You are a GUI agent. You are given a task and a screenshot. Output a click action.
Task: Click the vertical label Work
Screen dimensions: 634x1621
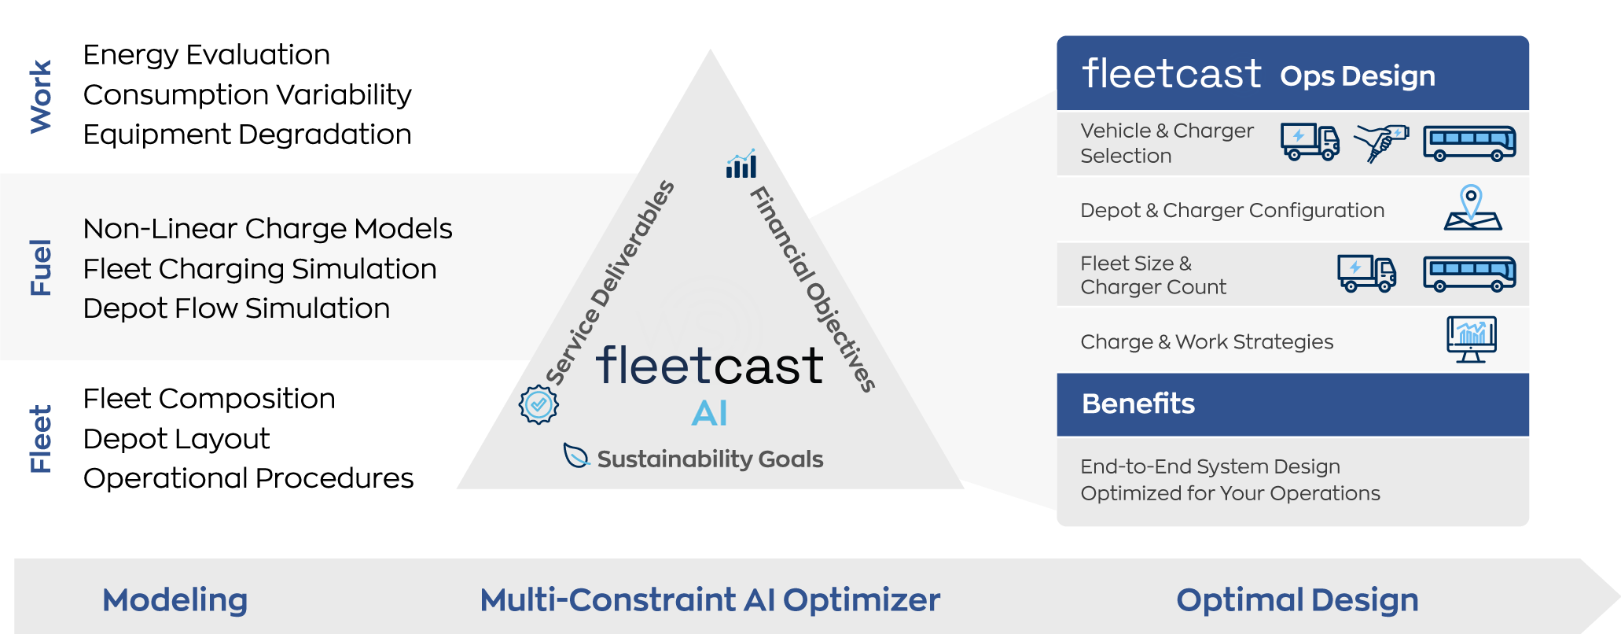click(x=40, y=97)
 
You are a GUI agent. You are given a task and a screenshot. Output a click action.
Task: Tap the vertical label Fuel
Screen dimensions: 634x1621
click(x=40, y=267)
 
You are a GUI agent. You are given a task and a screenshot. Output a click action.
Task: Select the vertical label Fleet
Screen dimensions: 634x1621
click(x=40, y=439)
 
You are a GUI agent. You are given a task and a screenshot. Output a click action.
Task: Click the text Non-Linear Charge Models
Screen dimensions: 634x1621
click(x=267, y=229)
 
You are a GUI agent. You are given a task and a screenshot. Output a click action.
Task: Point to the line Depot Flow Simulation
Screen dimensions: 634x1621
click(x=236, y=308)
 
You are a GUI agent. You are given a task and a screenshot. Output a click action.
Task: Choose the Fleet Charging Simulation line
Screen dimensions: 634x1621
click(x=259, y=269)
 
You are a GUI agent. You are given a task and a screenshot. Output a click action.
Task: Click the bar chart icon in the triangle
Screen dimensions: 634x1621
click(x=741, y=164)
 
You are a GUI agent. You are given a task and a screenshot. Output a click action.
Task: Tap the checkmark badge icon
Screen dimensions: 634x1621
click(x=538, y=404)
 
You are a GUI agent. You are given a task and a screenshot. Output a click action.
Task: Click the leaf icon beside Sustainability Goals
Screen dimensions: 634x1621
click(x=576, y=455)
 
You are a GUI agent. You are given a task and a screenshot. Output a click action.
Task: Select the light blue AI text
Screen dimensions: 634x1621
click(x=709, y=414)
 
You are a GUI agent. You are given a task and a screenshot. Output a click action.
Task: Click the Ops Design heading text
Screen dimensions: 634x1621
click(x=1357, y=76)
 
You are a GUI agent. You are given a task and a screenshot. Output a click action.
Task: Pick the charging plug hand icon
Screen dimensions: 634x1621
click(x=1381, y=142)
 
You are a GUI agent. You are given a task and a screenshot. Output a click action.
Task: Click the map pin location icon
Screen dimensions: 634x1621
click(x=1472, y=208)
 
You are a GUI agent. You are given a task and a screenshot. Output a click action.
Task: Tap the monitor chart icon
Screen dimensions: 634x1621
click(x=1471, y=339)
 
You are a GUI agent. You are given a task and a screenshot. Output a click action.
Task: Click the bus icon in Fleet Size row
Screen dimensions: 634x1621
click(x=1468, y=274)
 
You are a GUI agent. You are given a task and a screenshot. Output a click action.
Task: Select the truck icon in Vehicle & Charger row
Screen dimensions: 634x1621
click(x=1310, y=142)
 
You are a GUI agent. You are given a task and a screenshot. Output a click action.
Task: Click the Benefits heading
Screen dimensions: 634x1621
click(x=1138, y=404)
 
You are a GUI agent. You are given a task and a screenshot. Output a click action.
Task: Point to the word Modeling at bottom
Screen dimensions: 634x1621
click(x=175, y=600)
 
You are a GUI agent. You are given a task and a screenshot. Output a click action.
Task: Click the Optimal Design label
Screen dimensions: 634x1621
click(x=1297, y=600)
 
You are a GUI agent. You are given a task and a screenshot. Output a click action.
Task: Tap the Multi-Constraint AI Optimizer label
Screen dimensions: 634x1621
click(x=710, y=600)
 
